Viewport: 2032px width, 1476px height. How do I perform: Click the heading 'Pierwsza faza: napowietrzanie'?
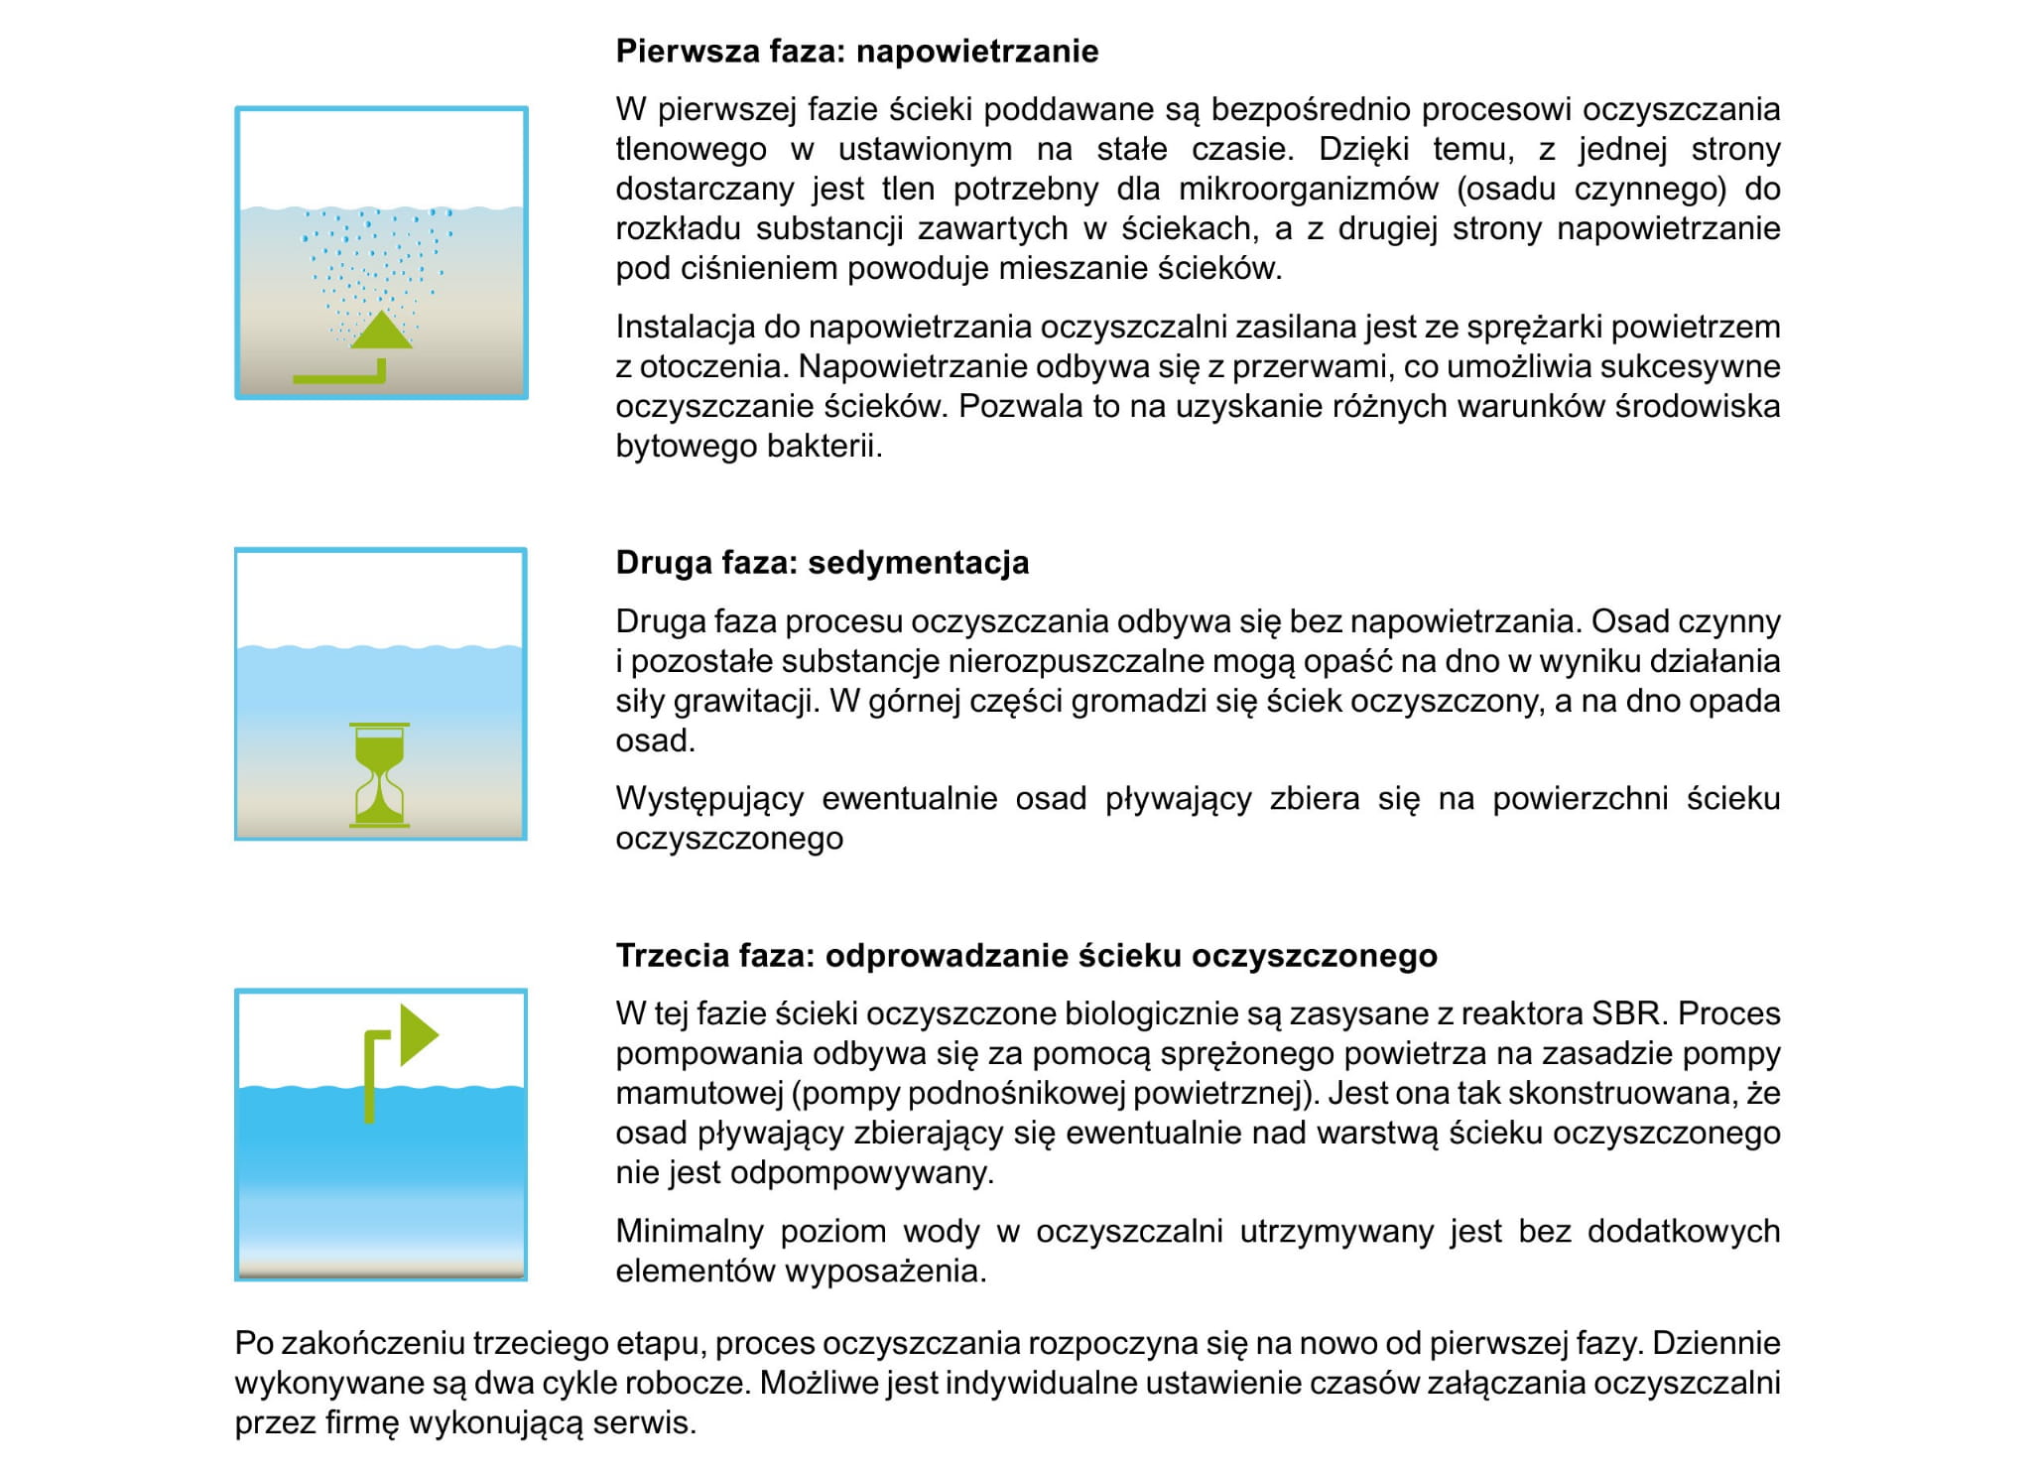(856, 52)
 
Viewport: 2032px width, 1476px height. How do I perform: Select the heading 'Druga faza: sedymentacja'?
(822, 563)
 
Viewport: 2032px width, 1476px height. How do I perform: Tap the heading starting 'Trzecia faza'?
(1026, 955)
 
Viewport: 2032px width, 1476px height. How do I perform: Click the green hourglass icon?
(379, 775)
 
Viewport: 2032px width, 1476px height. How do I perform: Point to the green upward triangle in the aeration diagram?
(381, 331)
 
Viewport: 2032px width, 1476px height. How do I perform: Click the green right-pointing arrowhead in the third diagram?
(418, 1034)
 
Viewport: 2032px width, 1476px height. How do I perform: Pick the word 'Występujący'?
(709, 798)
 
